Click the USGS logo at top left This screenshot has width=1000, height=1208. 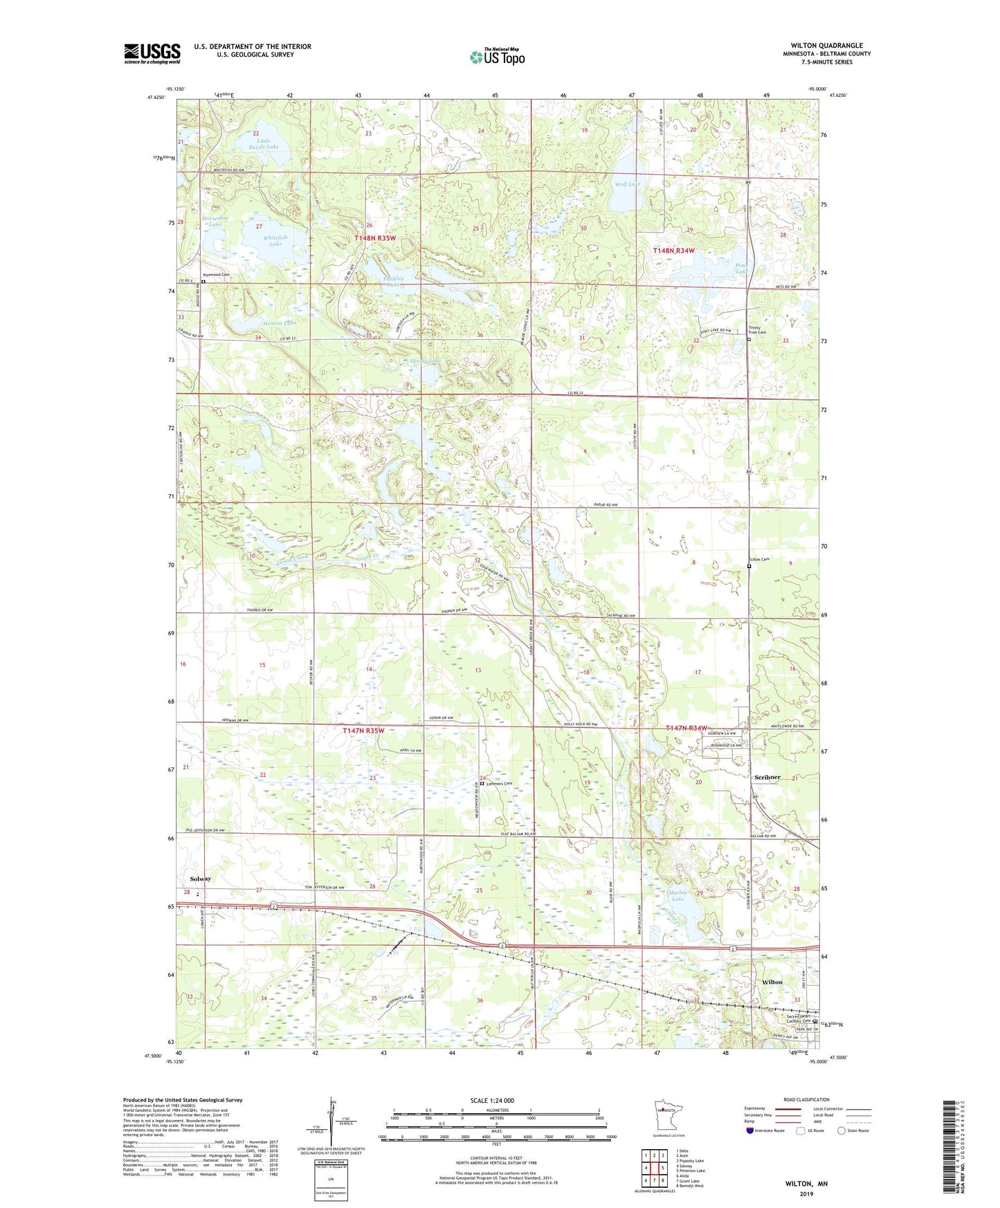[x=152, y=53]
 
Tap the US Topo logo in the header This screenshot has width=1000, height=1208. [x=497, y=57]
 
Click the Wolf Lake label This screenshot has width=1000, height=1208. [x=627, y=184]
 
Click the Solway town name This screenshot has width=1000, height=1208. [x=200, y=879]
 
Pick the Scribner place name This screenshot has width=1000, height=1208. [x=766, y=777]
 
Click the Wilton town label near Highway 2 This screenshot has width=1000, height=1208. [x=772, y=982]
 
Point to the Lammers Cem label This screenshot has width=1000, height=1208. [x=499, y=783]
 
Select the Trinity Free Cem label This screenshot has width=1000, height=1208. [x=757, y=331]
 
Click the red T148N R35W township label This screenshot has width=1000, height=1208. [x=374, y=238]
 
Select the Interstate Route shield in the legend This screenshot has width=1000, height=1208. [x=750, y=1131]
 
